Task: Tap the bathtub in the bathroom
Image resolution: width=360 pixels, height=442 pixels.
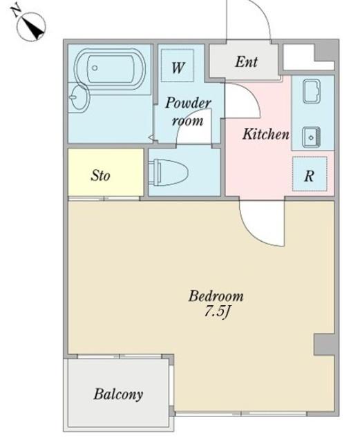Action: pyautogui.click(x=110, y=68)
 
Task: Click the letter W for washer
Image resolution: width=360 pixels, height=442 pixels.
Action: pyautogui.click(x=178, y=68)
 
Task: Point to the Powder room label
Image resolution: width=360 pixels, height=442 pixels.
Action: pyautogui.click(x=188, y=112)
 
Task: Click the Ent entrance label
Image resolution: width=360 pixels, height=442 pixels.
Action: pyautogui.click(x=246, y=61)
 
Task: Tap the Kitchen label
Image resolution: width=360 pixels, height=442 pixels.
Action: pyautogui.click(x=266, y=134)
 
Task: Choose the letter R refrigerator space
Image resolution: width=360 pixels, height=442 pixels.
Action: pyautogui.click(x=310, y=176)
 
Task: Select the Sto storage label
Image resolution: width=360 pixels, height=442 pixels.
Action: pyautogui.click(x=100, y=175)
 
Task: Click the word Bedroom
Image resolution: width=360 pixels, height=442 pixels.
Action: pyautogui.click(x=216, y=296)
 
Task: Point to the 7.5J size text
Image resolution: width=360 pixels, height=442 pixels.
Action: pyautogui.click(x=218, y=312)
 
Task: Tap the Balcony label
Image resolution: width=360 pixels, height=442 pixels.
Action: pyautogui.click(x=118, y=394)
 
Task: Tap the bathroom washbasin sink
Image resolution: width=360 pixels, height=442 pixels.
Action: pyautogui.click(x=78, y=97)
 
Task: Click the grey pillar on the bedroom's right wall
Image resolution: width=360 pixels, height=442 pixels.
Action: pyautogui.click(x=325, y=344)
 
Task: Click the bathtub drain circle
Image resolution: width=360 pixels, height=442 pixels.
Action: pyautogui.click(x=95, y=68)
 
